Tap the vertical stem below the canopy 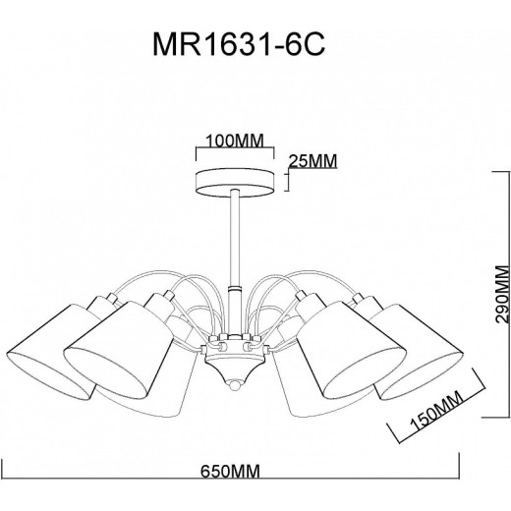(234, 236)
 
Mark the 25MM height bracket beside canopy (287, 180)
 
